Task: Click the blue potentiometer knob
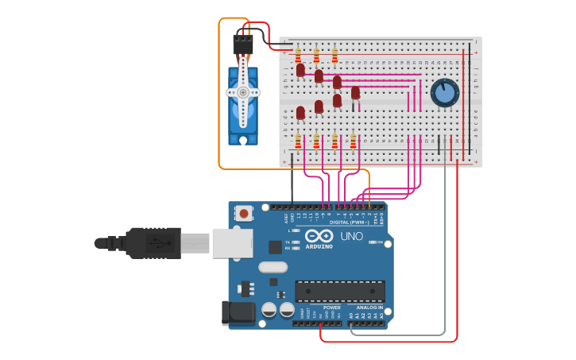pyautogui.click(x=445, y=93)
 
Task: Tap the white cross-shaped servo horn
pyautogui.click(x=242, y=92)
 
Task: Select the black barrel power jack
pyautogui.click(x=238, y=312)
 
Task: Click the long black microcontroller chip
pyautogui.click(x=340, y=291)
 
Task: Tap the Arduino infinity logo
pyautogui.click(x=318, y=236)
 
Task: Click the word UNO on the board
pyautogui.click(x=351, y=236)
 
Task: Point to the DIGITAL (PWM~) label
pyautogui.click(x=350, y=222)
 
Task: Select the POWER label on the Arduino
pyautogui.click(x=332, y=307)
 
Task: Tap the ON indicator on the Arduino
pyautogui.click(x=379, y=242)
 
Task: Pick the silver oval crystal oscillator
pyautogui.click(x=272, y=267)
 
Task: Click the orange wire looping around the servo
pyautogui.click(x=219, y=95)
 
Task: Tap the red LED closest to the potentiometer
pyautogui.click(x=355, y=93)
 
